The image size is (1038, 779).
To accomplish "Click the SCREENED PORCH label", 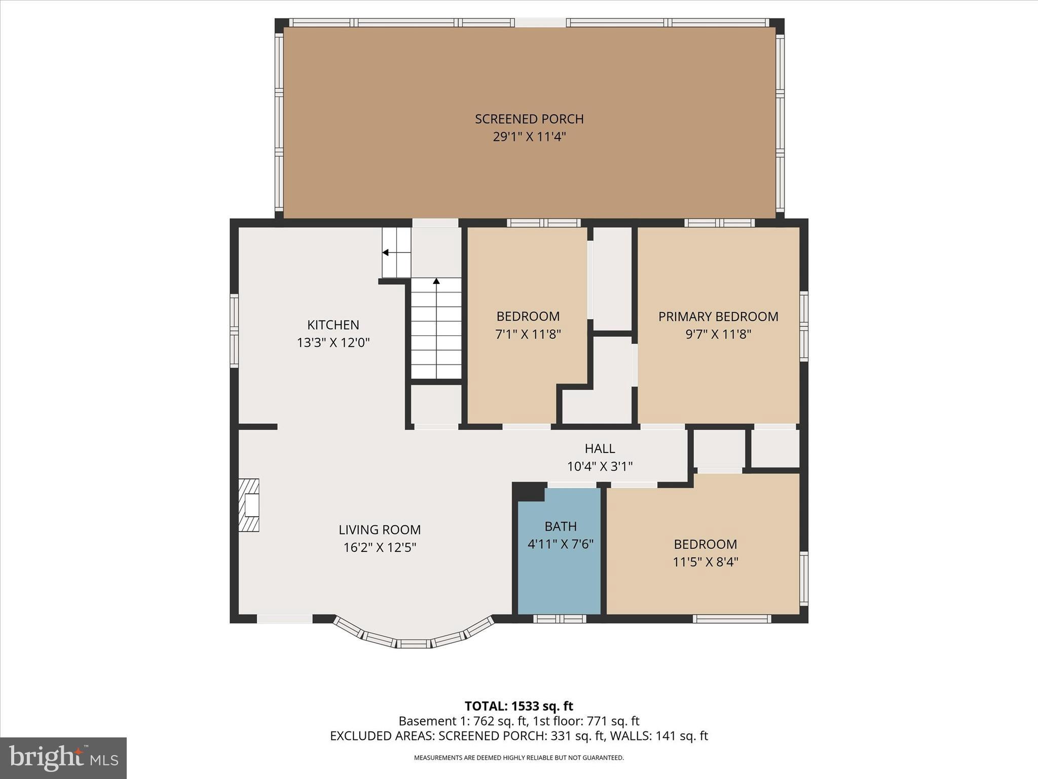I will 529,119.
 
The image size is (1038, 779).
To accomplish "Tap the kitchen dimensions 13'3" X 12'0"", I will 333,343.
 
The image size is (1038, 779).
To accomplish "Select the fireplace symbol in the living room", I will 249,505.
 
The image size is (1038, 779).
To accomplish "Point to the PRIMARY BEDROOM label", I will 718,316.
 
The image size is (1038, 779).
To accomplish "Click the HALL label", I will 600,448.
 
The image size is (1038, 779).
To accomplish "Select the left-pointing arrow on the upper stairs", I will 386,253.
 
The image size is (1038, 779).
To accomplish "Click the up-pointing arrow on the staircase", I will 436,281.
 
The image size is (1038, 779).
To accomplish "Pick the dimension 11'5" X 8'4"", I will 705,562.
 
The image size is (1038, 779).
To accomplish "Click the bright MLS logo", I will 63,758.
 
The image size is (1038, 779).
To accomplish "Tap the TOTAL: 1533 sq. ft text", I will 518,706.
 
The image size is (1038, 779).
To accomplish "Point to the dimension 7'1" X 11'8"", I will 528,334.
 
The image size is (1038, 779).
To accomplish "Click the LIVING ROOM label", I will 380,529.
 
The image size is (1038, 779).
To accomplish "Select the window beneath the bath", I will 560,619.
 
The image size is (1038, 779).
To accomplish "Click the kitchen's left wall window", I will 234,331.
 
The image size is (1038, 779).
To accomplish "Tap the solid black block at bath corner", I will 529,491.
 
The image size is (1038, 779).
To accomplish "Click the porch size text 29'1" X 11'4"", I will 529,137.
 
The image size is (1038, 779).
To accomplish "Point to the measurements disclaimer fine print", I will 518,758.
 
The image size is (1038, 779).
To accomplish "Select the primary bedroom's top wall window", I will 719,223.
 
